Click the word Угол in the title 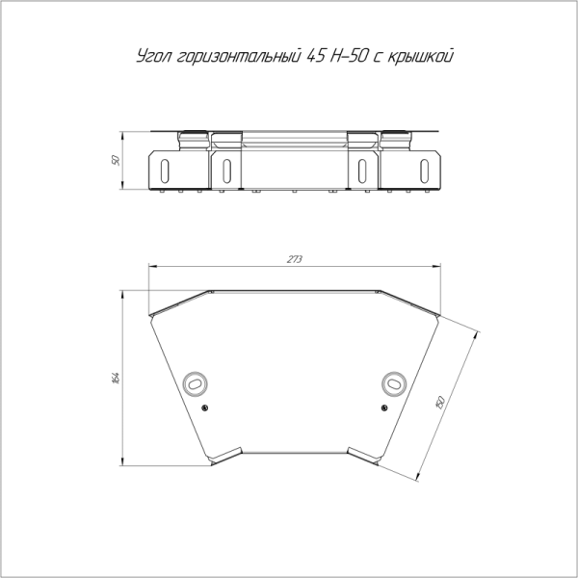[153, 56]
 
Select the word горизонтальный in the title [239, 56]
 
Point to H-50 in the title [349, 55]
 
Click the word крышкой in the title [420, 56]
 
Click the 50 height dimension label [116, 160]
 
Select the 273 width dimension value [295, 259]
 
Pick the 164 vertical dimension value [116, 379]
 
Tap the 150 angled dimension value [440, 402]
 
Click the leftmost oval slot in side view [165, 171]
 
